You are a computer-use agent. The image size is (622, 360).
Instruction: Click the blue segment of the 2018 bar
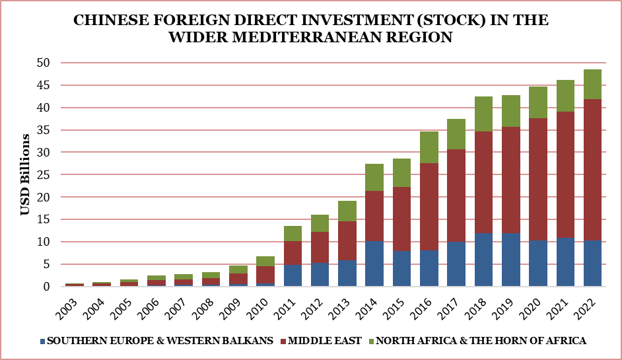(x=483, y=260)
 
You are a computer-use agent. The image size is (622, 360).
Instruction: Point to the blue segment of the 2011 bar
(x=293, y=275)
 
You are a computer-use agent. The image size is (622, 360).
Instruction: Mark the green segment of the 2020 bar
(x=538, y=102)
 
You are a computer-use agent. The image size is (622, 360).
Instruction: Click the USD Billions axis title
(x=25, y=174)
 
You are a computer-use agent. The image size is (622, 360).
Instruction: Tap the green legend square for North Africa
(x=372, y=341)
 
